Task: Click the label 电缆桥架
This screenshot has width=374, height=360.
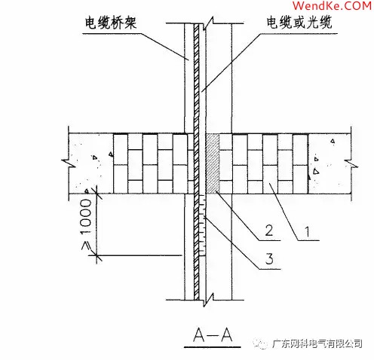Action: [112, 22]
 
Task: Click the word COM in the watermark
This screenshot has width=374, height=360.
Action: [357, 8]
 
